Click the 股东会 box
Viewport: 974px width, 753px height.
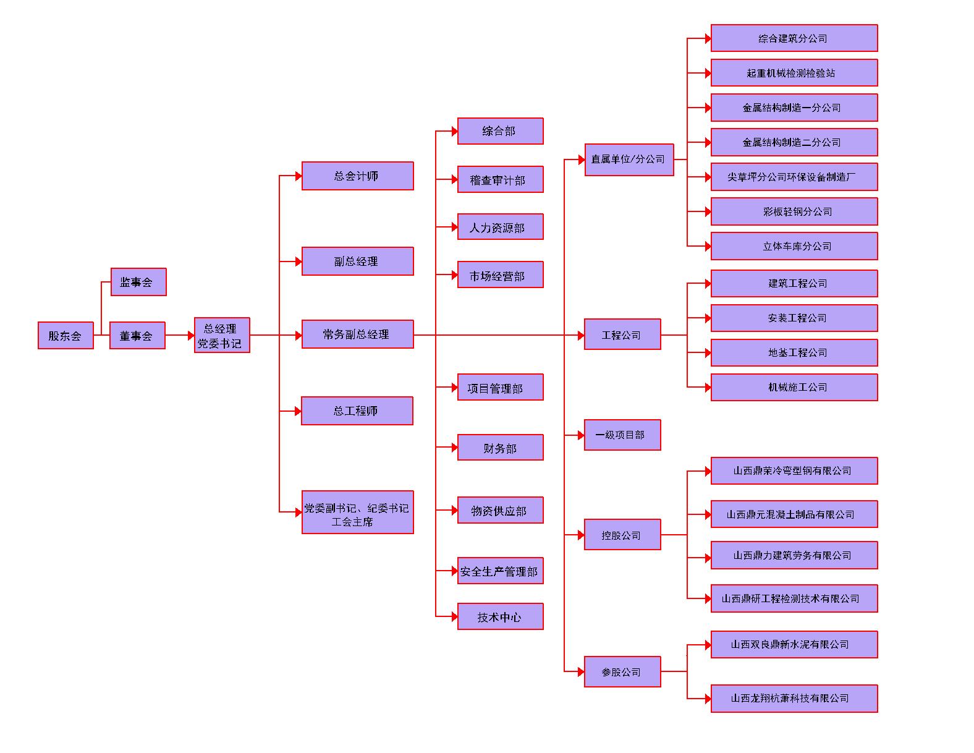(x=66, y=336)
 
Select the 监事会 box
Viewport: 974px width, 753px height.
(x=138, y=282)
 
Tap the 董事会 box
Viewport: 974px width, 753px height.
(x=137, y=336)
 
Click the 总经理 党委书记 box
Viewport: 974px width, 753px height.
(x=222, y=336)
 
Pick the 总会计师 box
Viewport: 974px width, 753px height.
(x=357, y=176)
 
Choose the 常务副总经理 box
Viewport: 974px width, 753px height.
(x=357, y=334)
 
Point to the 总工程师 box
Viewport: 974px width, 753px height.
(x=357, y=411)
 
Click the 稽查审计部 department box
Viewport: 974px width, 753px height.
(x=500, y=180)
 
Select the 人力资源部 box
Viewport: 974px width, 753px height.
(x=500, y=228)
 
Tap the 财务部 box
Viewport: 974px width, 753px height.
(x=500, y=448)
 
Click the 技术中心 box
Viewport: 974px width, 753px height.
(x=500, y=616)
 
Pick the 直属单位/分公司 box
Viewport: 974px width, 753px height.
(x=629, y=160)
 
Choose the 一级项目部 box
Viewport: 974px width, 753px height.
(x=622, y=435)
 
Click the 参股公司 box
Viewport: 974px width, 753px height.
(x=622, y=671)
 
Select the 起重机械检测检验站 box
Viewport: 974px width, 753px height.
(x=794, y=73)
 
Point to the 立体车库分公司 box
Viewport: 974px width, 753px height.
(x=794, y=246)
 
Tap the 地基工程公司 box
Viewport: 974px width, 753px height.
(x=794, y=352)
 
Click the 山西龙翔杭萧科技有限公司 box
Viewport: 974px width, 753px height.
(x=794, y=699)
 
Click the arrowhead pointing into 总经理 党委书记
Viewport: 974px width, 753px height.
(x=191, y=336)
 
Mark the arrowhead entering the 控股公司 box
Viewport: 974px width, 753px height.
(x=581, y=535)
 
